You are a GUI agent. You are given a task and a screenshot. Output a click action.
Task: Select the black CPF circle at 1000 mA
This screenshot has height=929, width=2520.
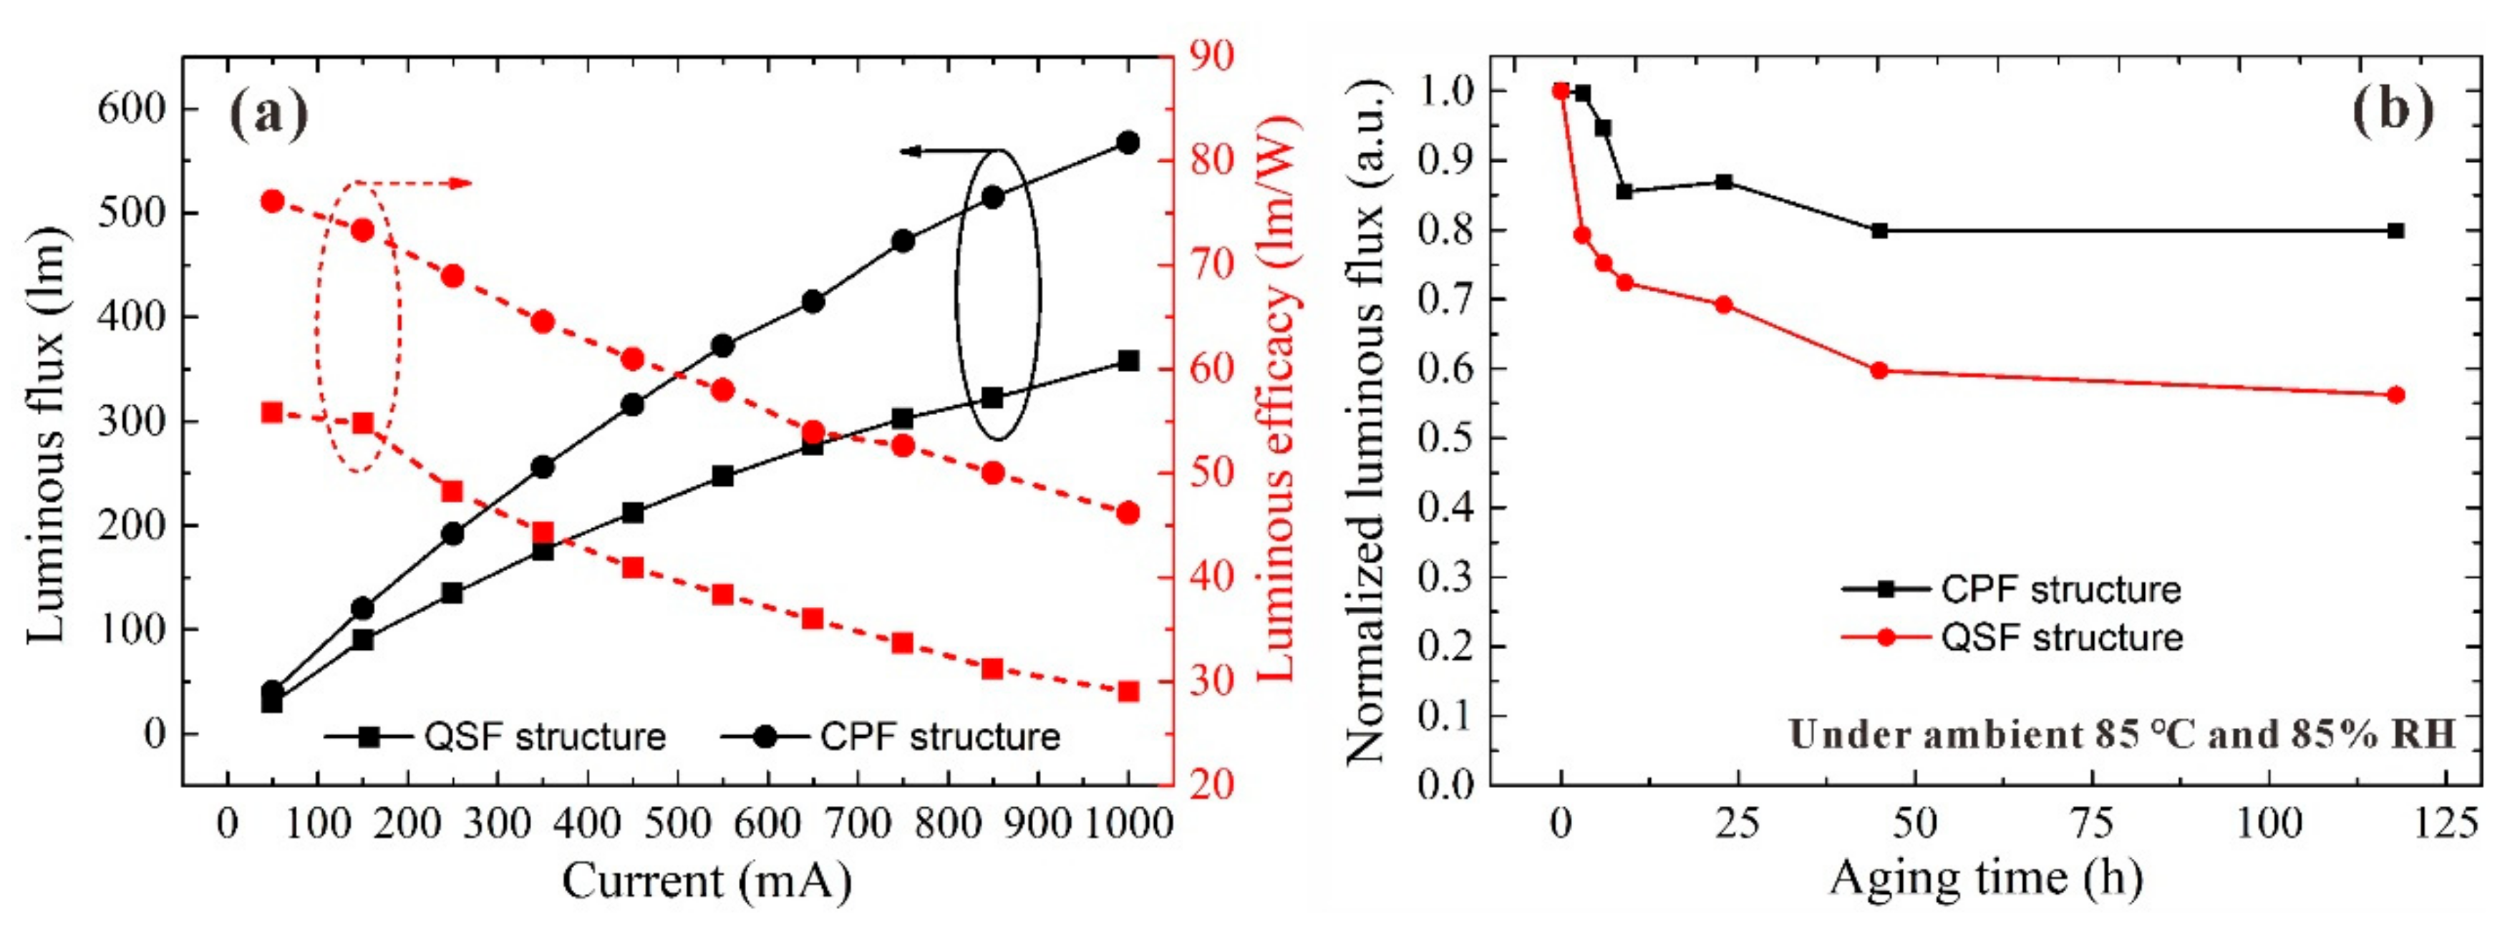pyautogui.click(x=1127, y=142)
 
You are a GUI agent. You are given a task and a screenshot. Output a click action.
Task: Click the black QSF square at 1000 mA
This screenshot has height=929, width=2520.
pyautogui.click(x=1127, y=361)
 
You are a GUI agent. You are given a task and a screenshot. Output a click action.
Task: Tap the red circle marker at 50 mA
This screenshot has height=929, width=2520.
pyautogui.click(x=272, y=201)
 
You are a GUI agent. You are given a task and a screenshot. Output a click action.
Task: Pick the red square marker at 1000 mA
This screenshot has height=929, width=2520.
pyautogui.click(x=1127, y=691)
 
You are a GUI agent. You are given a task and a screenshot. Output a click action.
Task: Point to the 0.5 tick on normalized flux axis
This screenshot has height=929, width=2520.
pyautogui.click(x=1446, y=438)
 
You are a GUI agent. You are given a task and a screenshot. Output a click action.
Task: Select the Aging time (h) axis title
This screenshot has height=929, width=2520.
pyautogui.click(x=1985, y=877)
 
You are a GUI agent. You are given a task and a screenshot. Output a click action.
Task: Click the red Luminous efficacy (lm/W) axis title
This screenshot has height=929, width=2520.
pyautogui.click(x=1276, y=396)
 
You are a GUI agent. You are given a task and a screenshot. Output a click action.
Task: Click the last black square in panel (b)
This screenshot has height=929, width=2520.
pyautogui.click(x=2395, y=230)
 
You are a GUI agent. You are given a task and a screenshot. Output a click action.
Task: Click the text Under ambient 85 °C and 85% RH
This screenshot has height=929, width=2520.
pyautogui.click(x=2121, y=734)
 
